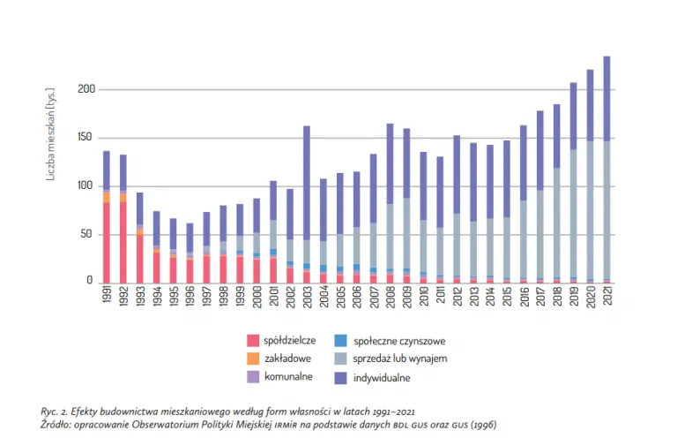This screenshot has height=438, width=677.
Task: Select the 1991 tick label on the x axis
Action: coord(107,298)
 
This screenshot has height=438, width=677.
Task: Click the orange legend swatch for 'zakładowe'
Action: coord(253,359)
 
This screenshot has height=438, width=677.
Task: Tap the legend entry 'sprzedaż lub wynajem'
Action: coord(400,359)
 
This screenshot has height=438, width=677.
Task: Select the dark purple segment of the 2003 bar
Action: coord(307,181)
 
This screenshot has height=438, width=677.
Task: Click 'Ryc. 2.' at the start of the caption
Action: coord(56,412)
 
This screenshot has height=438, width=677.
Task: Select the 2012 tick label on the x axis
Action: coord(457,298)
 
